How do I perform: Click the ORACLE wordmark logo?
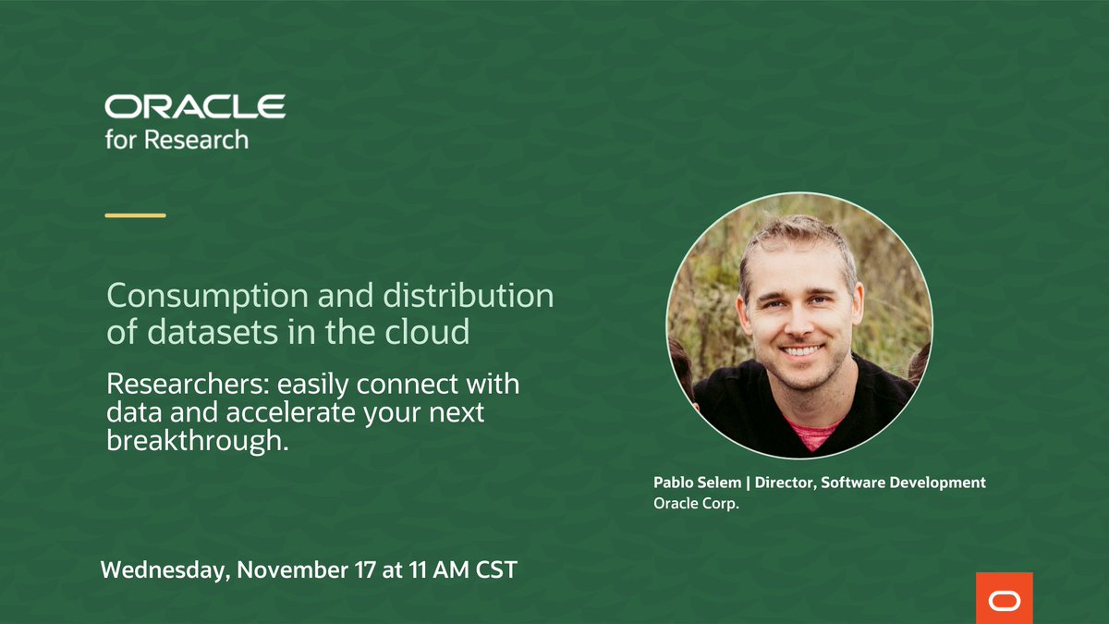pos(195,106)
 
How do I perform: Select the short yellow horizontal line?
pos(136,215)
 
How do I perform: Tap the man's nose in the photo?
pos(800,324)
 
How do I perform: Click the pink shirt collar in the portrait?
pos(810,431)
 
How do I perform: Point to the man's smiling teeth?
pos(801,350)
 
